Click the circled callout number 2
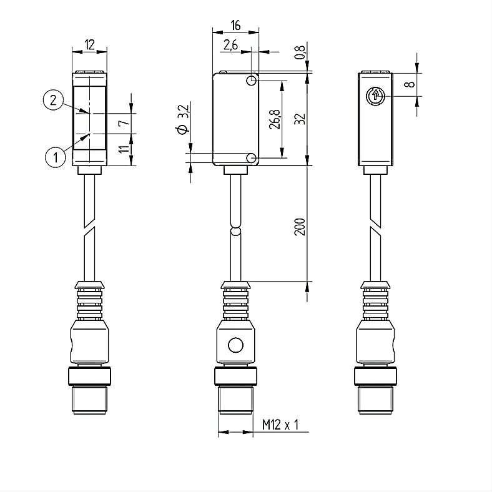(53, 100)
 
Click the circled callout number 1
(56, 157)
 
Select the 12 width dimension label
(89, 45)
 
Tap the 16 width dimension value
(235, 26)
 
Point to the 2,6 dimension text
(230, 45)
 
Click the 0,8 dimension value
(300, 52)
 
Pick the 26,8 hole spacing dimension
(275, 119)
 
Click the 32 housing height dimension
(300, 119)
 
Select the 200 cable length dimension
(300, 227)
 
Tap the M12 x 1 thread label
(280, 425)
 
